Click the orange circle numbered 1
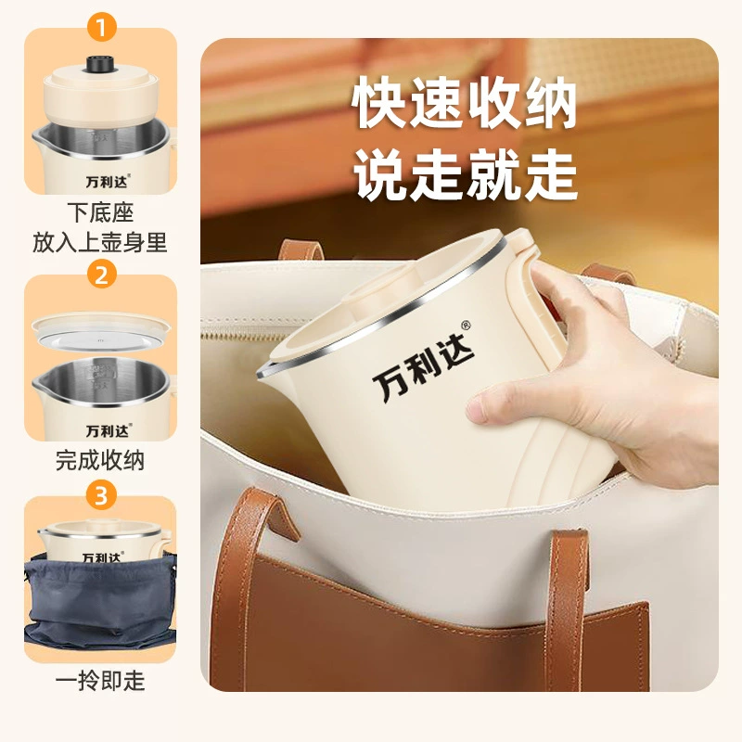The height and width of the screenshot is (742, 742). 101,27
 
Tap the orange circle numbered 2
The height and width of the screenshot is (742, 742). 101,274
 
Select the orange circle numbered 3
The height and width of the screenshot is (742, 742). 101,495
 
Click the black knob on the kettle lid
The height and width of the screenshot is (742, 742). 101,64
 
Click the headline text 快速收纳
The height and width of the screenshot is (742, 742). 464,103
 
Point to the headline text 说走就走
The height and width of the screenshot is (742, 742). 466,174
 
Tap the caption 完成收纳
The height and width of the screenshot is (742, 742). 100,460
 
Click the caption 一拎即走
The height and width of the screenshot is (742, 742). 100,681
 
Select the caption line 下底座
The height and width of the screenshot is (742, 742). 100,212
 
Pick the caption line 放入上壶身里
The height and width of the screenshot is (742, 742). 100,242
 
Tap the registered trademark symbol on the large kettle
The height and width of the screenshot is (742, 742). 467,326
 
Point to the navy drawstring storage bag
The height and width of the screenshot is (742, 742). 100,602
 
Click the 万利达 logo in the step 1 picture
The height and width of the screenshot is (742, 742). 108,181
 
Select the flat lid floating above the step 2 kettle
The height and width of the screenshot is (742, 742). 100,332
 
